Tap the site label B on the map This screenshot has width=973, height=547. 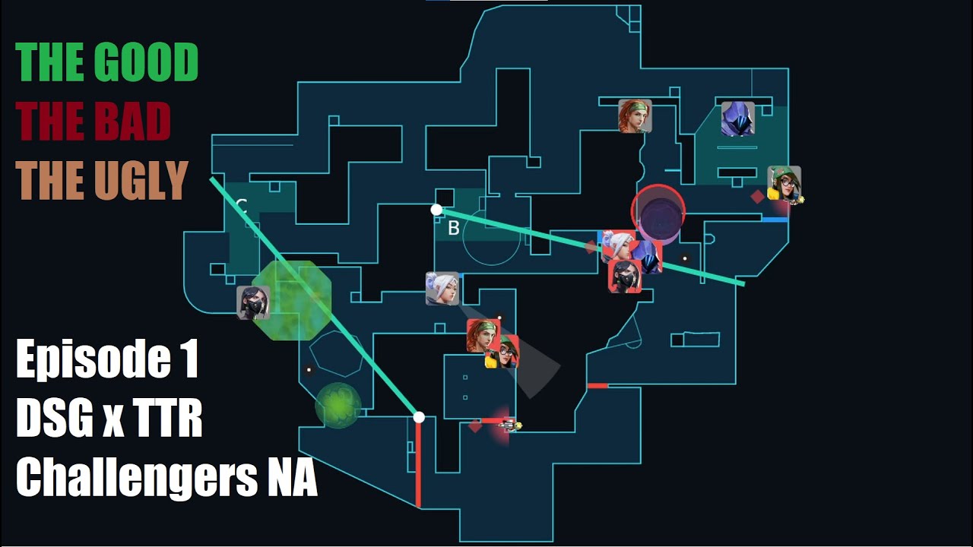click(x=453, y=229)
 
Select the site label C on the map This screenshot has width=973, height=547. click(x=241, y=204)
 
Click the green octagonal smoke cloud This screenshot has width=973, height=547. click(x=293, y=300)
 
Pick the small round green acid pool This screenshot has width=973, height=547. click(x=338, y=405)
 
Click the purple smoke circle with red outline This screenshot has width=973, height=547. click(x=658, y=213)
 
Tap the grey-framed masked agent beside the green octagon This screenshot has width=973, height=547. click(x=253, y=302)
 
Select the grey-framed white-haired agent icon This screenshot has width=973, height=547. click(x=442, y=289)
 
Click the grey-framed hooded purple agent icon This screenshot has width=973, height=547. click(x=737, y=119)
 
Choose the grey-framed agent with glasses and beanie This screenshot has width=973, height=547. click(x=784, y=183)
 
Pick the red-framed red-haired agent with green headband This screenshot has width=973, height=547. click(x=483, y=335)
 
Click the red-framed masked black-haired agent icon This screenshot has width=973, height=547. click(x=625, y=276)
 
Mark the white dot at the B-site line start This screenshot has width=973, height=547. click(x=436, y=210)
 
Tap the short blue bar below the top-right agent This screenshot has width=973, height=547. click(x=775, y=220)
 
